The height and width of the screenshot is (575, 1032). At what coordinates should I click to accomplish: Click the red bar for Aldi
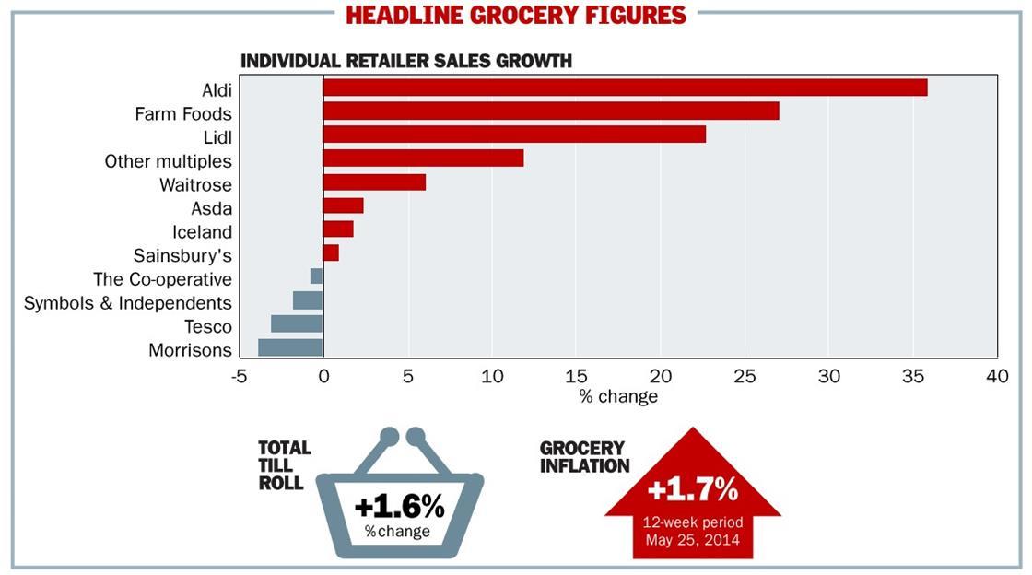click(625, 88)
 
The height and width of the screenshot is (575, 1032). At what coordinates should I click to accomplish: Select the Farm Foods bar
click(550, 111)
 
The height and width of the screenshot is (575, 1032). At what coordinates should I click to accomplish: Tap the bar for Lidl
click(514, 135)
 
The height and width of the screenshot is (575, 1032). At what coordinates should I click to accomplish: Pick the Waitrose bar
click(374, 182)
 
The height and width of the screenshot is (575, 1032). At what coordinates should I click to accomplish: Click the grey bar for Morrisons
click(290, 347)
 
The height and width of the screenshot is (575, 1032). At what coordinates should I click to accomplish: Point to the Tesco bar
click(297, 323)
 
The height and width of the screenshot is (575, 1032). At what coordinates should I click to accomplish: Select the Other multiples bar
click(423, 158)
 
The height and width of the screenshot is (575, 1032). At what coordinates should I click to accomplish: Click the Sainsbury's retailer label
click(182, 255)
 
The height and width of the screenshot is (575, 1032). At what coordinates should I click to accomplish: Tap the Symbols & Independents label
click(128, 303)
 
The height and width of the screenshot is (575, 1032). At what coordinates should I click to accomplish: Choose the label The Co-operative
click(162, 279)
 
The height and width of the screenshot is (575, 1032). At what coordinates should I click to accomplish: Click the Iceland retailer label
click(202, 232)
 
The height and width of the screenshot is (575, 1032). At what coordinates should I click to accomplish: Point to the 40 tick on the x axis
click(997, 377)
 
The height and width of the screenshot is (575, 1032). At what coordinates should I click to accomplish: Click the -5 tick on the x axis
click(239, 377)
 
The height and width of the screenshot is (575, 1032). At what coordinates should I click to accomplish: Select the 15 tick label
click(576, 377)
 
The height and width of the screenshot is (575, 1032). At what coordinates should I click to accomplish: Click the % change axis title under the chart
click(618, 397)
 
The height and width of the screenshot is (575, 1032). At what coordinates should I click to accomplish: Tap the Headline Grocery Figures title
click(516, 16)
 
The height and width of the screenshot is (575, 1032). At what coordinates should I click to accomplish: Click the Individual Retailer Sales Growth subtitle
click(406, 61)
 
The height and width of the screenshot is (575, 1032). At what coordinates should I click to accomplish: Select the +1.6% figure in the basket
click(399, 506)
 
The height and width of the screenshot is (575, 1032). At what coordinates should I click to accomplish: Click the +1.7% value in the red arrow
click(693, 489)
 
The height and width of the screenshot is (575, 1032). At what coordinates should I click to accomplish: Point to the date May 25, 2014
click(693, 540)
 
